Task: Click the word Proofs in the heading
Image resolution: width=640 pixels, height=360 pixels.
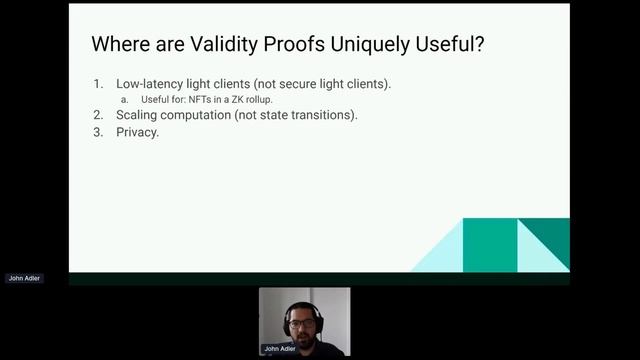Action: pyautogui.click(x=290, y=45)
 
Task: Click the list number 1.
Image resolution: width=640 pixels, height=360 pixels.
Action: pyautogui.click(x=98, y=84)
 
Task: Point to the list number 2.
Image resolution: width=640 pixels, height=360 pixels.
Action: pyautogui.click(x=98, y=115)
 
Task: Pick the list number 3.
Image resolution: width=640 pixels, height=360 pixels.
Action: pyautogui.click(x=98, y=131)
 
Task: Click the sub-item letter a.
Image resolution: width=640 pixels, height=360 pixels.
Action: pyautogui.click(x=124, y=100)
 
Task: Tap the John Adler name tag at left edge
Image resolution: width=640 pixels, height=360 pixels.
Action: pyautogui.click(x=24, y=278)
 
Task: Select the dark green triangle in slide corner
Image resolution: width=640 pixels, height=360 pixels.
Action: pyautogui.click(x=546, y=240)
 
